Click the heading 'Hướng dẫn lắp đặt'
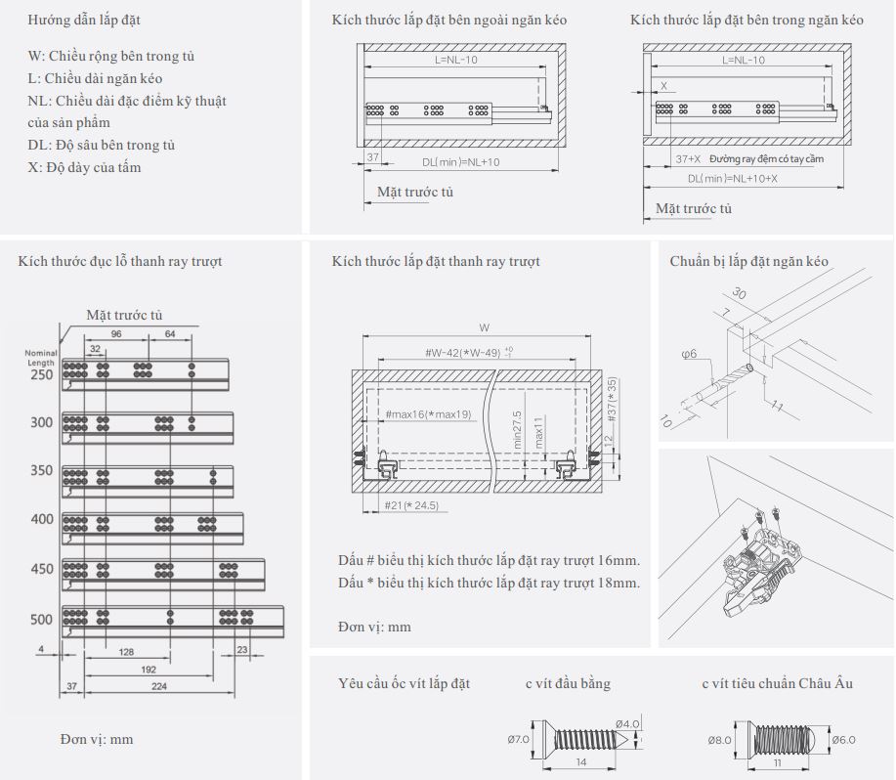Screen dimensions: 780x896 [90, 20]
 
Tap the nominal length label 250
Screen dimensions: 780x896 [42, 375]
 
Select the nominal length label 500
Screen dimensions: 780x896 [42, 619]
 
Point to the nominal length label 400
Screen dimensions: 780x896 [42, 519]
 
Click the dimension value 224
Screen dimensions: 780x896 [158, 688]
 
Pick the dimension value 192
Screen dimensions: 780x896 [149, 671]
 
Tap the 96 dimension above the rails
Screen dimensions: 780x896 [116, 333]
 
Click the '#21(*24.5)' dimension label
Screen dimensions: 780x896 [410, 506]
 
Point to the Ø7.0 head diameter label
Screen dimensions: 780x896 [518, 739]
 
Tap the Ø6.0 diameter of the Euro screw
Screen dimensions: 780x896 [844, 740]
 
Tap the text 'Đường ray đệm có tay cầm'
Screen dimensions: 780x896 [767, 158]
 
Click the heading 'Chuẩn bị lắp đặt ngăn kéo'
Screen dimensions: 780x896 [748, 261]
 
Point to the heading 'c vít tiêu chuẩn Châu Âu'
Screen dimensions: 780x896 [777, 683]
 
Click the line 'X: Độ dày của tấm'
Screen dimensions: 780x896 [85, 167]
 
